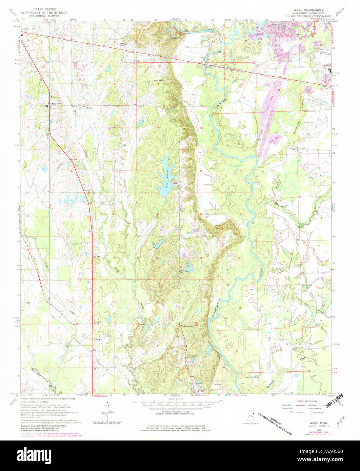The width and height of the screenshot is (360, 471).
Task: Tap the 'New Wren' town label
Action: point(56,104)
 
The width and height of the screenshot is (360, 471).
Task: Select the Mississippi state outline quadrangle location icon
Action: point(252,415)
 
